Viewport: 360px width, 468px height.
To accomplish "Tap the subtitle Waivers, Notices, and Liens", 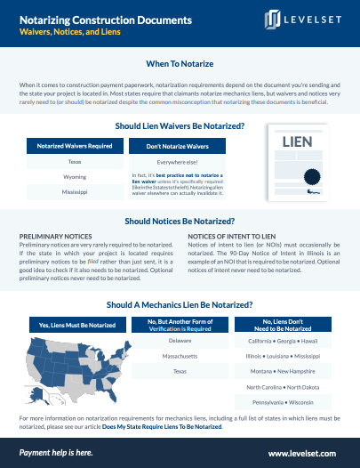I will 73,31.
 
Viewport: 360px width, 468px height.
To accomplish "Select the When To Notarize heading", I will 180,64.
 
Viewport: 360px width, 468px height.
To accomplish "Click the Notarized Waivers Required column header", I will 75,145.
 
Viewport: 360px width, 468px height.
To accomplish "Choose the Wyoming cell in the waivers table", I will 75,177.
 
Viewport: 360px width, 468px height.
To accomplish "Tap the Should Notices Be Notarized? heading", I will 180,221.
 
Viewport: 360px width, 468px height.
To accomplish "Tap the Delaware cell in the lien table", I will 180,341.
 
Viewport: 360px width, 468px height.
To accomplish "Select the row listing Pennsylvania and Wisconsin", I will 284,402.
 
